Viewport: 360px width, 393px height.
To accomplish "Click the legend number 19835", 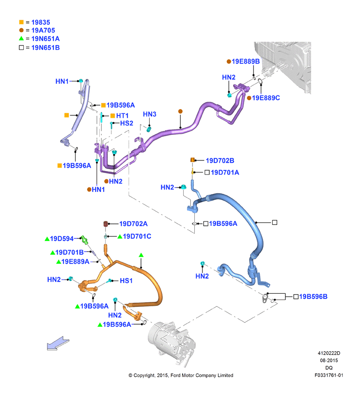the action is click(x=41, y=22).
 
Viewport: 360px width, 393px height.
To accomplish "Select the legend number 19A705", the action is click(x=43, y=31).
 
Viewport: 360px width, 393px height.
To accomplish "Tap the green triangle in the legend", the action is click(x=21, y=38).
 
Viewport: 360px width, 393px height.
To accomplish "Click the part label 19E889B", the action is click(x=246, y=62).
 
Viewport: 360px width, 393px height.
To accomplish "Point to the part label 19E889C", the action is click(x=266, y=98).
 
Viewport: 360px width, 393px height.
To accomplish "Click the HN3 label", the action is click(x=150, y=114).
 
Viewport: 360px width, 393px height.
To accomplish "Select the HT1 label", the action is click(x=122, y=115).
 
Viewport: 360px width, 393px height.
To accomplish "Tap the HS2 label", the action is click(x=126, y=123).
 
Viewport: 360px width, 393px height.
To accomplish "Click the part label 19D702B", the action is click(x=220, y=160).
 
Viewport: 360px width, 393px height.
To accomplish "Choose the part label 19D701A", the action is click(x=225, y=173).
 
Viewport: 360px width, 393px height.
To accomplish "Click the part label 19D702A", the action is click(x=133, y=224).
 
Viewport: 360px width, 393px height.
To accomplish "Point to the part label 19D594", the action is click(x=62, y=238).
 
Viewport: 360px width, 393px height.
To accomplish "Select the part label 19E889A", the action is click(x=75, y=262).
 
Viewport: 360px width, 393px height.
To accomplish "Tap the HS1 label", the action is click(x=126, y=281).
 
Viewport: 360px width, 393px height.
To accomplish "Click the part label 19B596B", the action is click(x=313, y=297).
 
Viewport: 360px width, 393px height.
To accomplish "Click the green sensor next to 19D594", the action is click(x=84, y=239).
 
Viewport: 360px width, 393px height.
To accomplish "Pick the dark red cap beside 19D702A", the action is click(x=106, y=223).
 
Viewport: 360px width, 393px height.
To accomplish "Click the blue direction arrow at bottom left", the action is click(x=58, y=343).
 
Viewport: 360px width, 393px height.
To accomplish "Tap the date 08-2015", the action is click(x=329, y=361).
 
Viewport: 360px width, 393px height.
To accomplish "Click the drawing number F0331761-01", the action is click(x=329, y=375).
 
